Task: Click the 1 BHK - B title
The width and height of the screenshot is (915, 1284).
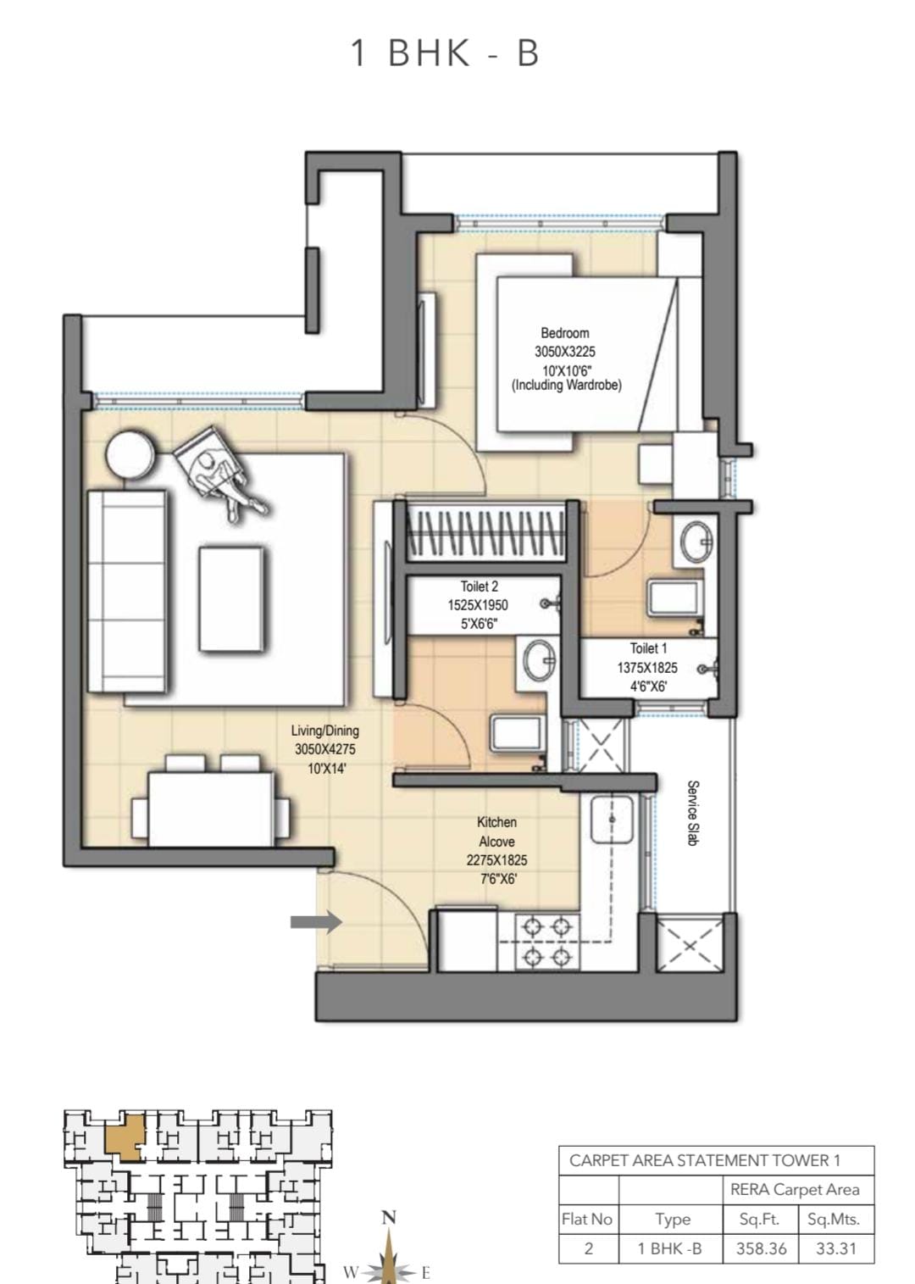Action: [445, 53]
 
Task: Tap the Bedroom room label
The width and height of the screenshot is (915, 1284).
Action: [564, 333]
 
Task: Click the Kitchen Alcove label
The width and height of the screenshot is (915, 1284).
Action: [496, 831]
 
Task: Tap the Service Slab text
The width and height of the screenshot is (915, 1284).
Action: [693, 813]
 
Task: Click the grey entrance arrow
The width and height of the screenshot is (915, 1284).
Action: [316, 922]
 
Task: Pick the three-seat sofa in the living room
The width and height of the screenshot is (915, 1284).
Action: [128, 591]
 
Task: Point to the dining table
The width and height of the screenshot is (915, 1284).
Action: [211, 809]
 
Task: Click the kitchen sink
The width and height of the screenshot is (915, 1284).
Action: [612, 819]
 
